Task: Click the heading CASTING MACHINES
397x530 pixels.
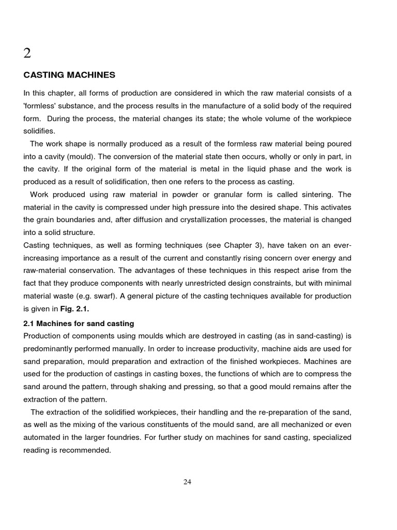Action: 69,75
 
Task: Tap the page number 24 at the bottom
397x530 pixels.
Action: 187,482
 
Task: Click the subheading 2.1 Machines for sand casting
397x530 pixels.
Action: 79,323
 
